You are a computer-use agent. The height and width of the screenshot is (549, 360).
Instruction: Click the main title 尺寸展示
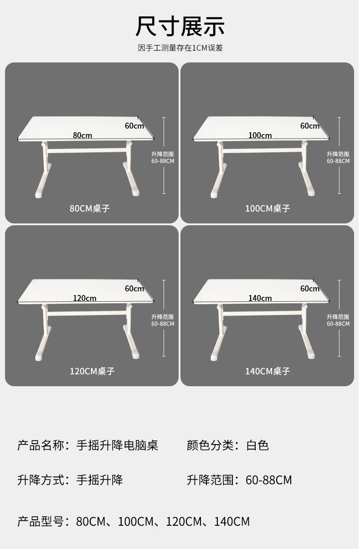pos(180,26)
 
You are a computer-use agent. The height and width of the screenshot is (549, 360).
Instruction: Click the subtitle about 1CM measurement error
pos(180,48)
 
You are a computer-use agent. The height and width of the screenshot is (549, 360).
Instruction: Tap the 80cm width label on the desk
pos(82,135)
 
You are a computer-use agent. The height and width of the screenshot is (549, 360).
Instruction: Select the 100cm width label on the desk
pos(260,135)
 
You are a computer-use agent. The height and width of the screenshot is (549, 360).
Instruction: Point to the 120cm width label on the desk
pos(84,298)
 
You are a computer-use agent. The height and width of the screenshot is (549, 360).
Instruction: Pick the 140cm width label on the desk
pos(260,298)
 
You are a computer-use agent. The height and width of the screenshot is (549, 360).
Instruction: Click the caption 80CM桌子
pos(89,208)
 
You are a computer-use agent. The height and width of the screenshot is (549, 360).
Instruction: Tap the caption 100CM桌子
pos(267,208)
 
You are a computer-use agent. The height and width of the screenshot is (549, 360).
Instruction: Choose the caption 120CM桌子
pos(92,371)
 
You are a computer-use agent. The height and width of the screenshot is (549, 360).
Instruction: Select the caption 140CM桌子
pos(267,371)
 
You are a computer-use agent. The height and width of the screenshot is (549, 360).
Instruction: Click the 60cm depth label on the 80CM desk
pos(134,126)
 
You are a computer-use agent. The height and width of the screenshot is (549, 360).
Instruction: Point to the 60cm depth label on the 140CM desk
pos(310,289)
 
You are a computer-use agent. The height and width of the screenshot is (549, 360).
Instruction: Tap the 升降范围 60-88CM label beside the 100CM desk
pos(338,157)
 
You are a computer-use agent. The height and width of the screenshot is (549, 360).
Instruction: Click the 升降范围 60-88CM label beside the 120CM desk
pos(163,320)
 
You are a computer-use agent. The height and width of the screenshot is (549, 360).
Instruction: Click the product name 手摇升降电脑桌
pos(117,445)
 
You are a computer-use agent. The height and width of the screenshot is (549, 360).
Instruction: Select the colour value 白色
pos(257,445)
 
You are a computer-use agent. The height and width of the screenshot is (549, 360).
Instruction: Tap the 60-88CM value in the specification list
pos(268,480)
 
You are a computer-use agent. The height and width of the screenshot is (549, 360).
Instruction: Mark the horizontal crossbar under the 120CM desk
pos(87,313)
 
